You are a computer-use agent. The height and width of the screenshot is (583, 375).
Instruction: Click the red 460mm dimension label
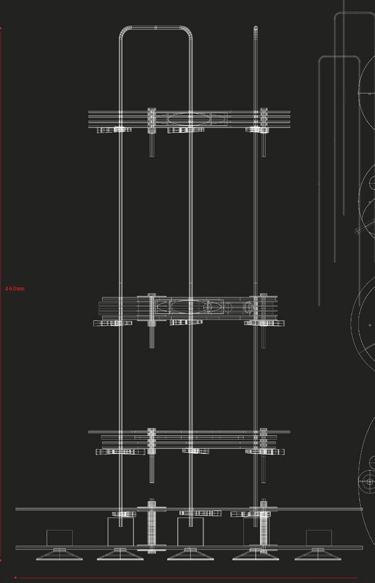coord(15,289)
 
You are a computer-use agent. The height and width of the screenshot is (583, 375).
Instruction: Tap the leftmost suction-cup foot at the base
coord(59,554)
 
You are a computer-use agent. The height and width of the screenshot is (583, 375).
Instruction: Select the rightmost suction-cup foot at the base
coord(317,554)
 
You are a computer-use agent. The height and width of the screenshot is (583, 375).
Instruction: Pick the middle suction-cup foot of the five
coord(189,554)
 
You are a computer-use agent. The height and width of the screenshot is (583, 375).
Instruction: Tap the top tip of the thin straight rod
coord(255,27)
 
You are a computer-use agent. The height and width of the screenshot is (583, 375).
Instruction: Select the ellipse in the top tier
coord(189,118)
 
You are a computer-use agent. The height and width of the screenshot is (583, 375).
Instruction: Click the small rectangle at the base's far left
coord(59,537)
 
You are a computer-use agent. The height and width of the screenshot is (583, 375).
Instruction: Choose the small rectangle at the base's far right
coord(318,537)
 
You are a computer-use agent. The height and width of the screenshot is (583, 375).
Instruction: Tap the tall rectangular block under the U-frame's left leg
coord(121,531)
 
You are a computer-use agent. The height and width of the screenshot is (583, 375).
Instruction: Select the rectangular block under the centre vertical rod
coord(189,531)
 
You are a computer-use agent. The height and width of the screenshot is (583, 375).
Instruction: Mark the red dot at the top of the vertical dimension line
coord(1,27)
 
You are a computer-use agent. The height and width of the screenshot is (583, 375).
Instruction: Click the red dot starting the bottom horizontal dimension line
coord(16,578)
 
